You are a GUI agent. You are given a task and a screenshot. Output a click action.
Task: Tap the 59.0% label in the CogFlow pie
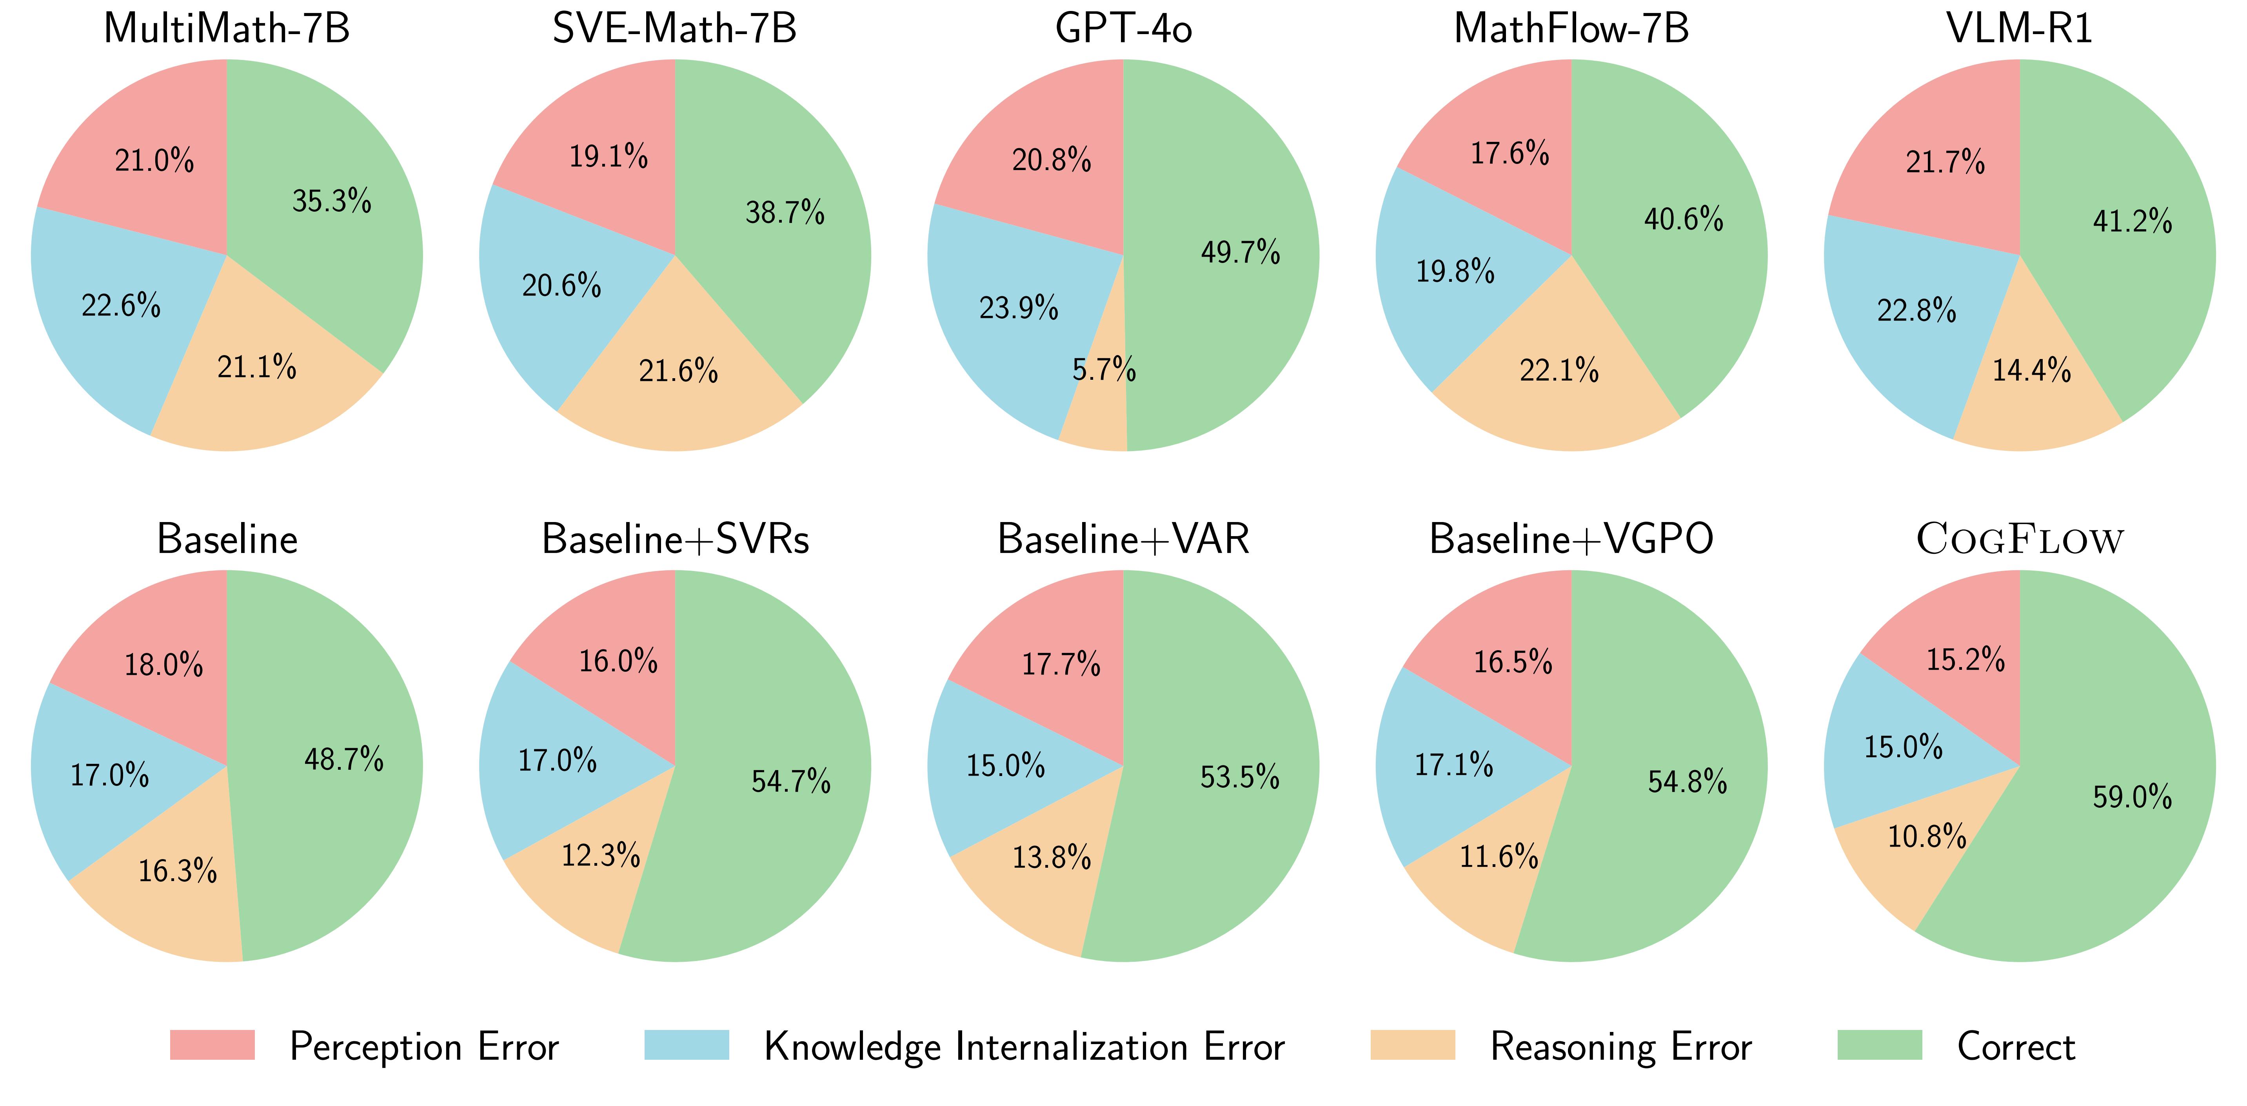[x=2132, y=796]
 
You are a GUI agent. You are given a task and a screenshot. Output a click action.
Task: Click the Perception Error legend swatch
[x=212, y=1045]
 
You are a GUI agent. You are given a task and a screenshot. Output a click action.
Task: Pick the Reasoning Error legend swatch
[x=1412, y=1045]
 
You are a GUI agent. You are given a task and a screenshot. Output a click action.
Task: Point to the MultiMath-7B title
[x=227, y=29]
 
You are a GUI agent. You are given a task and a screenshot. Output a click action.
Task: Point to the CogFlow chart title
[x=2019, y=539]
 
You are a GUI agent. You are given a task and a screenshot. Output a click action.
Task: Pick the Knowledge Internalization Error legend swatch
[x=687, y=1045]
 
